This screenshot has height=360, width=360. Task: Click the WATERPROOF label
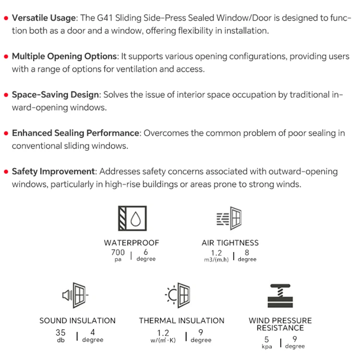pyautogui.click(x=131, y=243)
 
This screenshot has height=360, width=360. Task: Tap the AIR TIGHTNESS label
pyautogui.click(x=230, y=243)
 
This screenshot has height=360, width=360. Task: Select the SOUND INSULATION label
pyautogui.click(x=77, y=321)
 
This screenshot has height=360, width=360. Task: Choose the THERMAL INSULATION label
pyautogui.click(x=181, y=321)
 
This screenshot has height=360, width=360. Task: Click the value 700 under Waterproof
pyautogui.click(x=118, y=252)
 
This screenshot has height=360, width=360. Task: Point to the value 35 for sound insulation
pyautogui.click(x=60, y=333)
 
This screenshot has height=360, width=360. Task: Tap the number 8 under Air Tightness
pyautogui.click(x=247, y=252)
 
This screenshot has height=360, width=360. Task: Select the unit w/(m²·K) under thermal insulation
pyautogui.click(x=163, y=340)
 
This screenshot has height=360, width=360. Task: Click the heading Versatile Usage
pyautogui.click(x=44, y=18)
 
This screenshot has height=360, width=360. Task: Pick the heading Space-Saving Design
pyautogui.click(x=55, y=95)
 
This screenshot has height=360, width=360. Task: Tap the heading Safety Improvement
pyautogui.click(x=53, y=171)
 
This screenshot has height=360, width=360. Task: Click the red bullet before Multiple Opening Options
pyautogui.click(x=6, y=57)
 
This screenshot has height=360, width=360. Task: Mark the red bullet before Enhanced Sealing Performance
pyautogui.click(x=6, y=133)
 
